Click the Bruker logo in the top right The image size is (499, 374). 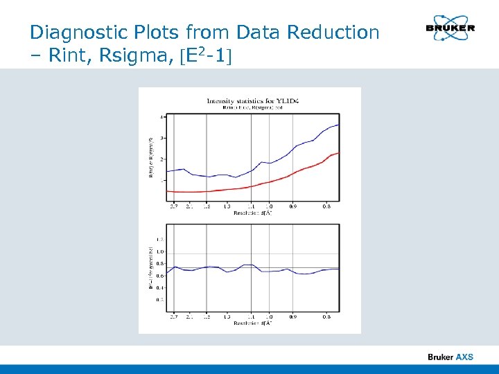coord(450,28)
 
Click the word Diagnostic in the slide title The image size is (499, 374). coord(72,33)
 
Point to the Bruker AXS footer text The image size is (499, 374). coord(450,357)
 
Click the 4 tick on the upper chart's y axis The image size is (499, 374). coord(162,116)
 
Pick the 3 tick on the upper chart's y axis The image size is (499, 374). coord(162,138)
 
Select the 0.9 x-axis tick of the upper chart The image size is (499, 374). coord(292,206)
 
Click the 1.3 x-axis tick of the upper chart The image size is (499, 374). coord(227,206)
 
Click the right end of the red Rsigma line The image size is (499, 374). coord(338,152)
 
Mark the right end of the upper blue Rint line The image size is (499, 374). coord(338,125)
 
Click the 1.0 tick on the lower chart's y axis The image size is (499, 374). coord(161,251)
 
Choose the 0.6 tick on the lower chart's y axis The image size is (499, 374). coord(161,276)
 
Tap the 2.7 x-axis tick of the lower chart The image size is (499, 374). coord(173,317)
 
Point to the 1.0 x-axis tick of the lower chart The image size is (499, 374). coord(269,317)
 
